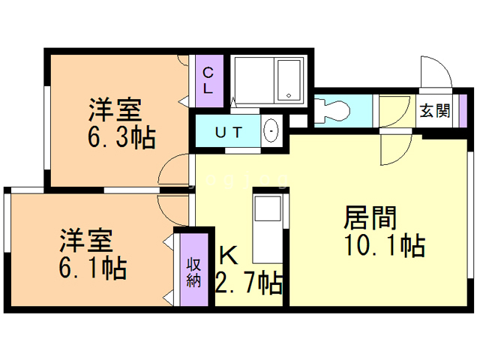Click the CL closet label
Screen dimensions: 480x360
click(x=208, y=80)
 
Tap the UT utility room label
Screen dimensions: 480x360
click(x=229, y=133)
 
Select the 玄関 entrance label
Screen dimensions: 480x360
click(x=435, y=110)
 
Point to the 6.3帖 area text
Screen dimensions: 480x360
click(x=121, y=137)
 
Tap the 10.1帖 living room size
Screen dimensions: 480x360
click(x=385, y=245)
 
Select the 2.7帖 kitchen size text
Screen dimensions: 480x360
click(x=248, y=283)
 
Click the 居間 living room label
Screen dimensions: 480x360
click(x=370, y=218)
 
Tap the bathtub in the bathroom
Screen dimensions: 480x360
click(x=288, y=80)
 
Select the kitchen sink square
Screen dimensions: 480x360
click(x=268, y=208)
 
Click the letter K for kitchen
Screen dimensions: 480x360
click(x=229, y=255)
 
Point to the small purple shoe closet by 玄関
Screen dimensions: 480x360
click(x=463, y=111)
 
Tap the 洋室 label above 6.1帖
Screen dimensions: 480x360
click(x=86, y=240)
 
